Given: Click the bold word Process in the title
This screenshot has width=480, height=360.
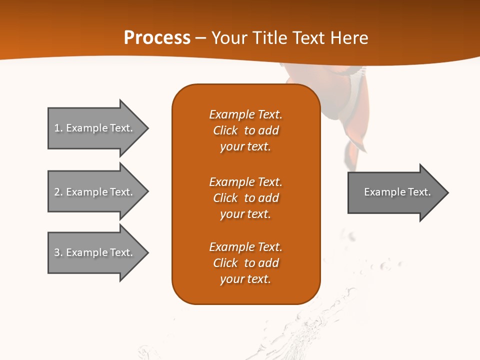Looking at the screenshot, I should tap(157, 38).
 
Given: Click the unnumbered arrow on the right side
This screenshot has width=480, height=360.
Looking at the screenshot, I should tap(395, 192).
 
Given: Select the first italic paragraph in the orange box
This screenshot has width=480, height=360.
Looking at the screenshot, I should tap(245, 130).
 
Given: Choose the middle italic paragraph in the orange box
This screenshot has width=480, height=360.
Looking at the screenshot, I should tap(245, 197).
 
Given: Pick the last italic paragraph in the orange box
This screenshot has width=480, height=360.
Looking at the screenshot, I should tap(245, 263).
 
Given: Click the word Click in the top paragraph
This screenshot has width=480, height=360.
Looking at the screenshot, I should tap(225, 130).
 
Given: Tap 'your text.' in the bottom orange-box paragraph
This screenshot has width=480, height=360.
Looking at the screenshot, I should tap(245, 279).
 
